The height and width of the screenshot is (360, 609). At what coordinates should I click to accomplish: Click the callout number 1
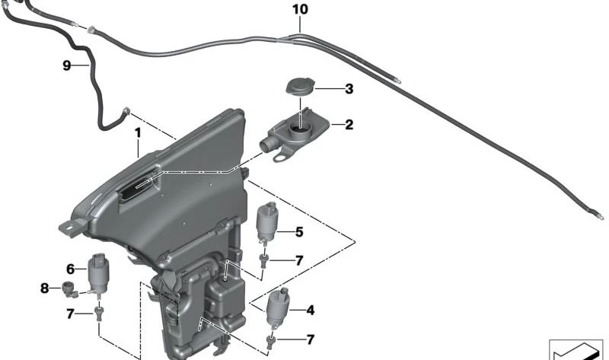click(x=138, y=132)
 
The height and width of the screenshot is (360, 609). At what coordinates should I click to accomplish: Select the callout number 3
click(x=349, y=89)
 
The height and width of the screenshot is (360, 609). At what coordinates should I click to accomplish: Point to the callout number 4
click(x=310, y=310)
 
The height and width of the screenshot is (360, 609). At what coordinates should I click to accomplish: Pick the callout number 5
click(x=299, y=232)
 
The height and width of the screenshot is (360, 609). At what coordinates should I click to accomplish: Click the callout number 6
click(x=71, y=268)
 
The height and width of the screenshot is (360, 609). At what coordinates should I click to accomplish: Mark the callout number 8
click(x=44, y=288)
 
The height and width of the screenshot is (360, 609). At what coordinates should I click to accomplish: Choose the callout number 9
click(x=66, y=66)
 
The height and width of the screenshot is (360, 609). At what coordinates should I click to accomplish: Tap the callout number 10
click(x=300, y=10)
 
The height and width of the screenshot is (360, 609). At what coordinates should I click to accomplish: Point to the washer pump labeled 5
click(x=268, y=221)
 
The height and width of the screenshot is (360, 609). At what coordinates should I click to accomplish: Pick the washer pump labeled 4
click(x=279, y=309)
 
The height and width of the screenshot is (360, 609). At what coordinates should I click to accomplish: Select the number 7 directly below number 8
click(x=71, y=313)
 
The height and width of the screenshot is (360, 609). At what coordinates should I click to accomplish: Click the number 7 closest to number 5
click(x=299, y=260)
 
